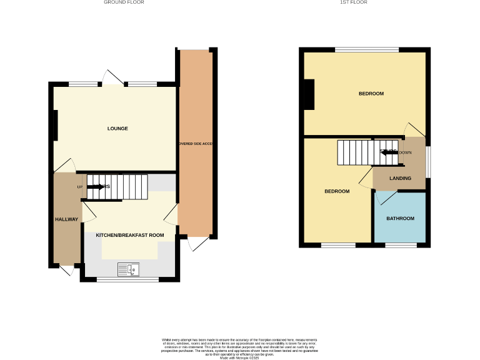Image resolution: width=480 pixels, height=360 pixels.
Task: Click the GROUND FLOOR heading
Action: pyautogui.click(x=124, y=2)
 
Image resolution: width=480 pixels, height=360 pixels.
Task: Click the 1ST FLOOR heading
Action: pyautogui.click(x=353, y=2)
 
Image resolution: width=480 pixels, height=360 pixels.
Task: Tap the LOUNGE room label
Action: pyautogui.click(x=117, y=129)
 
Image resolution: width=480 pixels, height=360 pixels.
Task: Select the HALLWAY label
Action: pyautogui.click(x=66, y=219)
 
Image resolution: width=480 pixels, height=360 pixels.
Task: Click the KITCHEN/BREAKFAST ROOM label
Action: pyautogui.click(x=130, y=235)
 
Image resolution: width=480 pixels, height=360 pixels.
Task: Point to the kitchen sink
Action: pyautogui.click(x=129, y=269)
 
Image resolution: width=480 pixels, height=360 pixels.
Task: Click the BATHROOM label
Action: pyautogui.click(x=400, y=219)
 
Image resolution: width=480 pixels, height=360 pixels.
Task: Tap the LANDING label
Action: pyautogui.click(x=400, y=178)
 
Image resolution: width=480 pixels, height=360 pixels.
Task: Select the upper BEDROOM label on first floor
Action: pyautogui.click(x=371, y=94)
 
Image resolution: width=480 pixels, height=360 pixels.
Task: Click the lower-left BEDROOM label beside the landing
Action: pyautogui.click(x=337, y=191)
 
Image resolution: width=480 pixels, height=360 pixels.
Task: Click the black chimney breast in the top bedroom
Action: pyautogui.click(x=309, y=94)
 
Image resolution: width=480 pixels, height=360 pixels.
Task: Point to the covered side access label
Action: pyautogui.click(x=196, y=144)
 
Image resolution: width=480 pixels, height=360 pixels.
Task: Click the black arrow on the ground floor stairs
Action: pyautogui.click(x=96, y=186)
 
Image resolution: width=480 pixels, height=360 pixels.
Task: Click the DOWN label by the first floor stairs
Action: pyautogui.click(x=405, y=152)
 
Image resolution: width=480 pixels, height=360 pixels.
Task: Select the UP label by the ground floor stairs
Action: pyautogui.click(x=80, y=187)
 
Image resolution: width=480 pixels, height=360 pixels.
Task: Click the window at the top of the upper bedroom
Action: pyautogui.click(x=367, y=49)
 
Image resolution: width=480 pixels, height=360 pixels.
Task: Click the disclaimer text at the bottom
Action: pyautogui.click(x=240, y=346)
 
